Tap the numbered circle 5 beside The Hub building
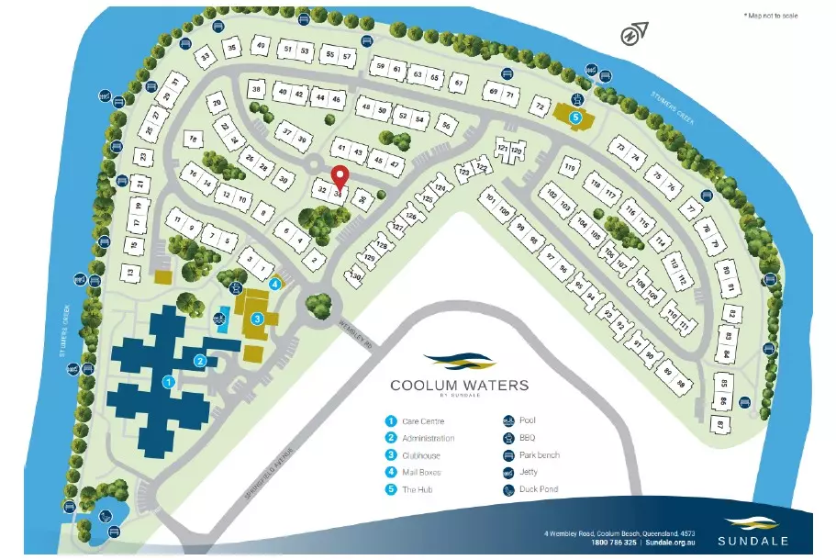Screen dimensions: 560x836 tap(575, 118)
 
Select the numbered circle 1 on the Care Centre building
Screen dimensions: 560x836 tap(168, 380)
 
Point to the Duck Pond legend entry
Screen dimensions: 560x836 tap(539, 489)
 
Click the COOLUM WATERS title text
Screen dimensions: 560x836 tap(460, 386)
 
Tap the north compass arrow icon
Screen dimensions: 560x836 tap(631, 36)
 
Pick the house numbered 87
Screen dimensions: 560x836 tap(720, 425)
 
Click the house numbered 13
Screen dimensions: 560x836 tap(131, 273)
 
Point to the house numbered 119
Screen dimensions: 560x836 tap(569, 167)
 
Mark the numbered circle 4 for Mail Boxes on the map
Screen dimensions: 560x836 tap(274, 284)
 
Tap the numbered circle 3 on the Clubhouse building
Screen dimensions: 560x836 tap(258, 319)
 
